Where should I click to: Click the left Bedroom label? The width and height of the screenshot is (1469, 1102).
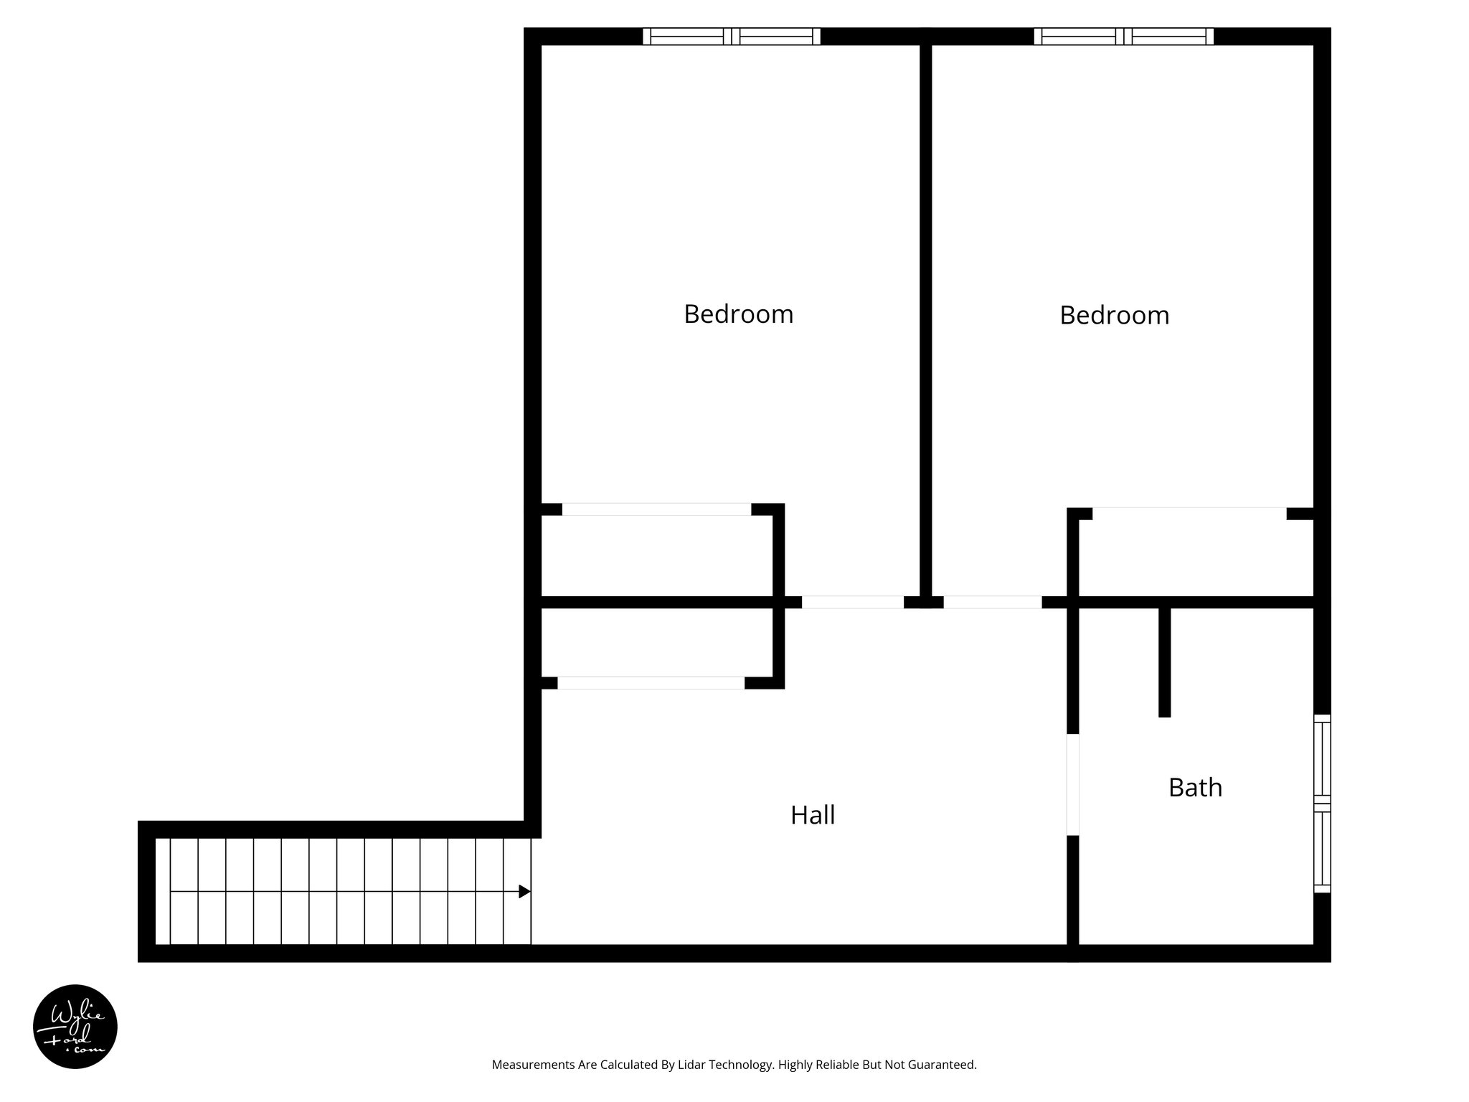[x=738, y=314]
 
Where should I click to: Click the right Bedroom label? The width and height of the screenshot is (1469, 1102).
[x=1114, y=316]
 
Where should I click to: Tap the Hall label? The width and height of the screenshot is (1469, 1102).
[x=813, y=815]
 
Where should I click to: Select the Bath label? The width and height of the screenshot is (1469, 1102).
[x=1195, y=788]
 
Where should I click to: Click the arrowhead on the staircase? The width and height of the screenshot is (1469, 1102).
[x=524, y=891]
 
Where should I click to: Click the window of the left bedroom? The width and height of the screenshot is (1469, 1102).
[x=732, y=37]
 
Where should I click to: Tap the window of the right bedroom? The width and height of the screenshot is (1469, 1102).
[x=1124, y=37]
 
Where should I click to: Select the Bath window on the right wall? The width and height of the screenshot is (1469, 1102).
[x=1321, y=804]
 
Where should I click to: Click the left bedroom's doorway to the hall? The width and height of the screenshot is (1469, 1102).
[x=852, y=603]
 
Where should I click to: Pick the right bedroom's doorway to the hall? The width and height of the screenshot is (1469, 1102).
[x=992, y=603]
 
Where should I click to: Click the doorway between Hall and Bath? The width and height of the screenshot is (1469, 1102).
[x=1072, y=784]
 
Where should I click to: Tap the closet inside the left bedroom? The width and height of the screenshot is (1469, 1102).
[x=656, y=556]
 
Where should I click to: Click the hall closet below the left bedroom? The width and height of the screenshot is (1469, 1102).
[x=656, y=642]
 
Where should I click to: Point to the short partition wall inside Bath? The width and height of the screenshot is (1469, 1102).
[x=1164, y=661]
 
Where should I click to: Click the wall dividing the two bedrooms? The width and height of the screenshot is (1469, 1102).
[x=926, y=316]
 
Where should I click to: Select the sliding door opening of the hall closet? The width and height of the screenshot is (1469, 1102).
[x=651, y=683]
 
